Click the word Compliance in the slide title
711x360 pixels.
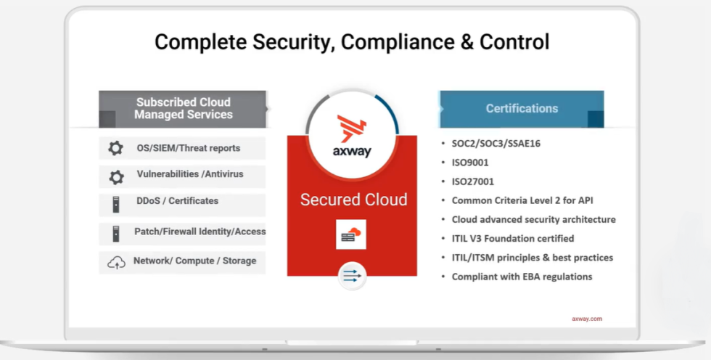coord(398,42)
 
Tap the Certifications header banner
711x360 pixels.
coord(522,109)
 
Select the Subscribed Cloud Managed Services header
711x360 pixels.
coord(182,109)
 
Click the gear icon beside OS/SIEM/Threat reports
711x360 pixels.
coord(115,148)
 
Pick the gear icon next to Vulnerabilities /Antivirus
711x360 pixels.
coord(117,177)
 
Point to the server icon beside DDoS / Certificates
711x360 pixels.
coord(116,205)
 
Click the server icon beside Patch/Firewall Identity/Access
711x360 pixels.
coord(116,234)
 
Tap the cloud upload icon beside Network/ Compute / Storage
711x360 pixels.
coord(117,263)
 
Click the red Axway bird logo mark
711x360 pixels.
coord(351,128)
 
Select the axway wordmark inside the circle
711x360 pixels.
coord(352,152)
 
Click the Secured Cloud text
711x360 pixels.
coord(354,200)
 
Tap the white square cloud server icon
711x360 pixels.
coord(351,234)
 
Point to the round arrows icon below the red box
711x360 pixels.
coord(353,276)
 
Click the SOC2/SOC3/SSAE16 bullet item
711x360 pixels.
coord(496,144)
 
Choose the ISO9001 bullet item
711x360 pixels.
coord(470,163)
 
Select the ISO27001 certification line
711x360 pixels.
coord(473,181)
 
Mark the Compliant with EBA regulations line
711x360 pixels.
coord(522,277)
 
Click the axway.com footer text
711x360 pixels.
coord(587,319)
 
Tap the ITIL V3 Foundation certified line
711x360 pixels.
coord(513,239)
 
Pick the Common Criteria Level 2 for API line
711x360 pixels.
coord(522,201)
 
